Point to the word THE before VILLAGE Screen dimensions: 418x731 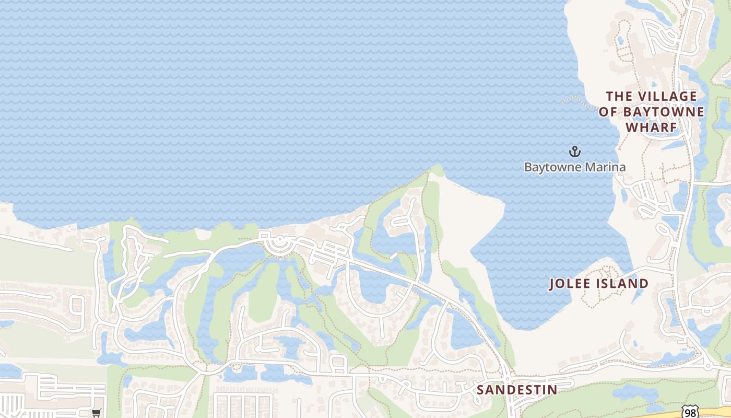pyautogui.click(x=619, y=97)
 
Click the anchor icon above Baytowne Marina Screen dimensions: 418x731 pyautogui.click(x=574, y=152)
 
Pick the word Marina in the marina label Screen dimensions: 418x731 pyautogui.click(x=606, y=167)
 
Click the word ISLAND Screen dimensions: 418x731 pyautogui.click(x=624, y=284)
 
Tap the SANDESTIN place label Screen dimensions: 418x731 pyautogui.click(x=517, y=390)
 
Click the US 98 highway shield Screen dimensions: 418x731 pyautogui.click(x=691, y=412)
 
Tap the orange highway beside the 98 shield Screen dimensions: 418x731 pyautogui.click(x=715, y=410)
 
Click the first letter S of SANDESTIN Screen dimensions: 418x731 pyautogui.click(x=480, y=390)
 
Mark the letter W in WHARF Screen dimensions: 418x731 pyautogui.click(x=633, y=127)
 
